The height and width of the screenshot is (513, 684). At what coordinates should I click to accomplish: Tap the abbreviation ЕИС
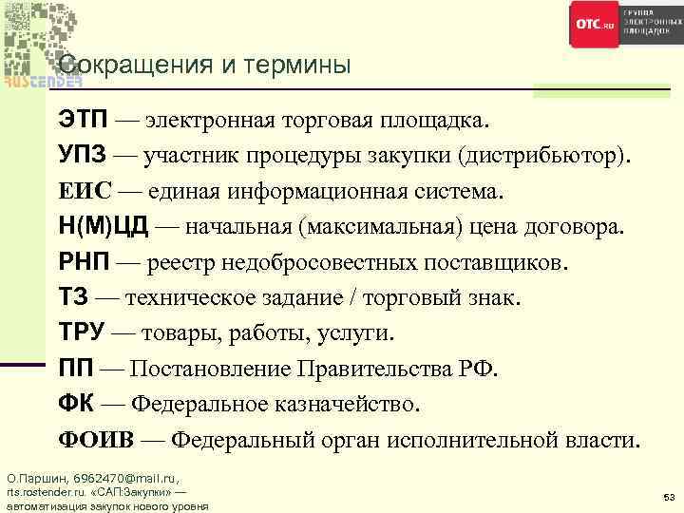84,192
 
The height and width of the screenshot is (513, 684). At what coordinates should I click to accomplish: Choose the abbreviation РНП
83,263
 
